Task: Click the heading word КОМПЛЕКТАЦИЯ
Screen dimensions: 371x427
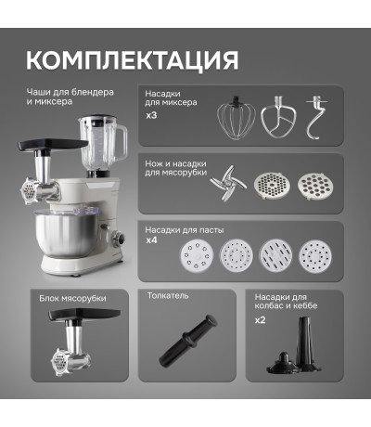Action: tap(133, 59)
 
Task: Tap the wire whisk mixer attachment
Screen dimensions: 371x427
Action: tap(237, 118)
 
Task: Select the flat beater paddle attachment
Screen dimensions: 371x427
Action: tap(278, 117)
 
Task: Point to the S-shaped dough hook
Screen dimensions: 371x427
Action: tap(315, 118)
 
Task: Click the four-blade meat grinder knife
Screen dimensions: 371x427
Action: tap(228, 184)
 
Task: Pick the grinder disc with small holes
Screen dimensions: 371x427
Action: tap(272, 186)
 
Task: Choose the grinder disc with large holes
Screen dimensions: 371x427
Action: tap(316, 186)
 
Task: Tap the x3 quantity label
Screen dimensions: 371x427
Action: tap(151, 115)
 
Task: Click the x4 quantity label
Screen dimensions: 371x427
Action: tap(151, 240)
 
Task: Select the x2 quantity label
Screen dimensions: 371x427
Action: tap(260, 320)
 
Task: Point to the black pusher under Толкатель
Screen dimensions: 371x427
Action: tap(187, 340)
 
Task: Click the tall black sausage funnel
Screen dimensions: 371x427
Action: tap(306, 343)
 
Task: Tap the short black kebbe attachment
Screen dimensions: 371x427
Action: tap(283, 363)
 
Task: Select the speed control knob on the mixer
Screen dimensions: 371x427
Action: tap(119, 239)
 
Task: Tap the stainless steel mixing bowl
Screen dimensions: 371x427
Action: tap(66, 235)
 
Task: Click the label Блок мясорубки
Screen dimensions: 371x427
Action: tap(72, 299)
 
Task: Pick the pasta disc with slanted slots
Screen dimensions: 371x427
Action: tap(275, 255)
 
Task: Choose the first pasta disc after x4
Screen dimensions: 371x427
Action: tap(197, 255)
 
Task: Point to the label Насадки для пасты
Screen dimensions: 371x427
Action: tap(185, 230)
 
